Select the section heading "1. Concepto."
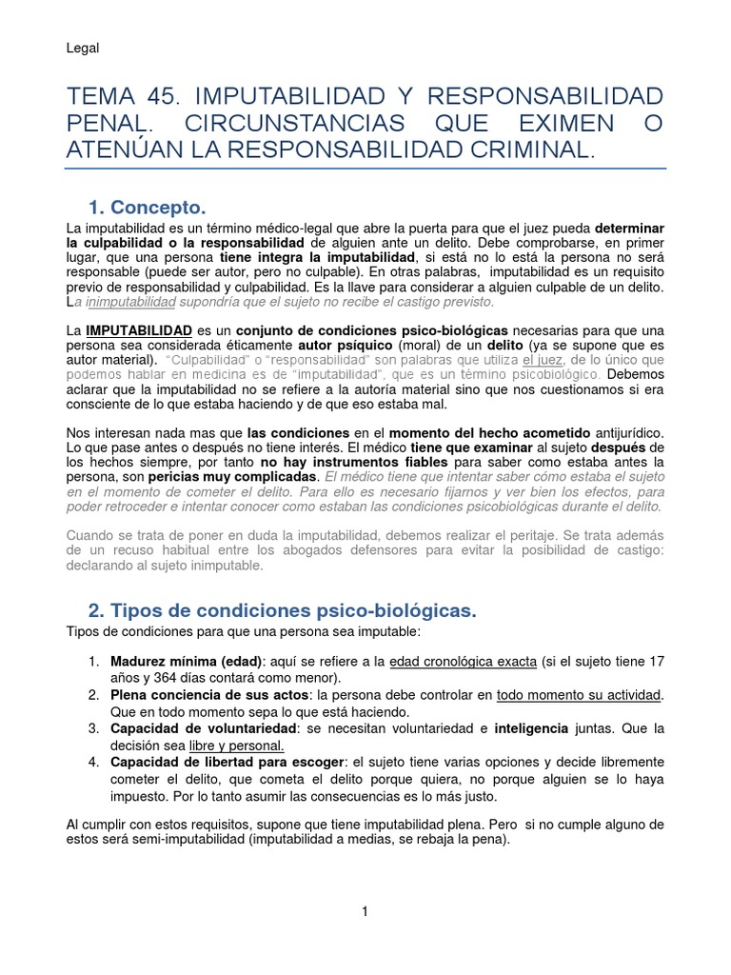[147, 207]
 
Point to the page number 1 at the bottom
[365, 911]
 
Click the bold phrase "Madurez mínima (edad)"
[187, 662]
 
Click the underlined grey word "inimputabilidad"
[128, 302]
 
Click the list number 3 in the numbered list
[93, 728]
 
